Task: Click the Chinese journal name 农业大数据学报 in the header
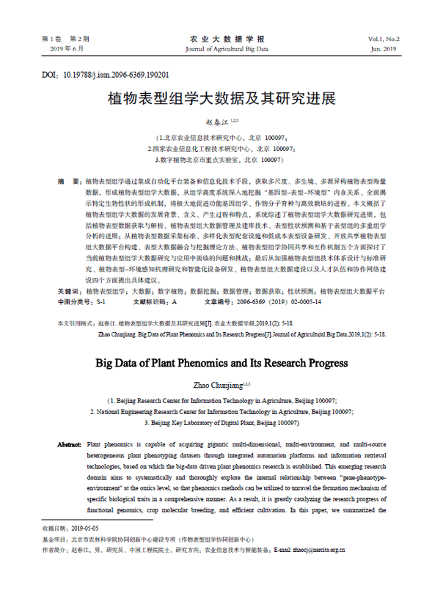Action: [x=221, y=38]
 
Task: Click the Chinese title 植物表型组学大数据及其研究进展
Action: [x=221, y=99]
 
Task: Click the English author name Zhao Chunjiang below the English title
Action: [x=219, y=384]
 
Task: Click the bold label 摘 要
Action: [x=70, y=180]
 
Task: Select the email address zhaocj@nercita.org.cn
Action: [x=317, y=548]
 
